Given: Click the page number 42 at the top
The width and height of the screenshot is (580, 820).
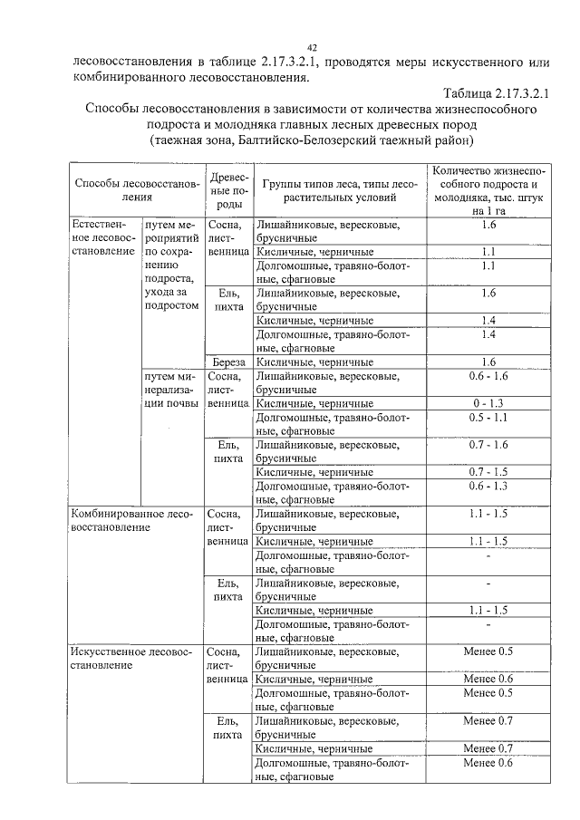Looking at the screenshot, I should point(311,47).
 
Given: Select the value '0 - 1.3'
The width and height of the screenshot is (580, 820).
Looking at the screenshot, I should point(488,402).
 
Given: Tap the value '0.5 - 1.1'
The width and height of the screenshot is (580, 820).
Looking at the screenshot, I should point(488,418).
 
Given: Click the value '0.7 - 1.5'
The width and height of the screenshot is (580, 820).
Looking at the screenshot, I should point(488,472).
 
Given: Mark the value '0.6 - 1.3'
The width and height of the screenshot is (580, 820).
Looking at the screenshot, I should point(488,487).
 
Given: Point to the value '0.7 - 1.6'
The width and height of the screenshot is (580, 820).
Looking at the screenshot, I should point(488,445).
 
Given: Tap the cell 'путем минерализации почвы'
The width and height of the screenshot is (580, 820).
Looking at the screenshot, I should point(171,389).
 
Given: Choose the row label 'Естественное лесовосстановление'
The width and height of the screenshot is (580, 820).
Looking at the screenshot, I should point(104,237).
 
